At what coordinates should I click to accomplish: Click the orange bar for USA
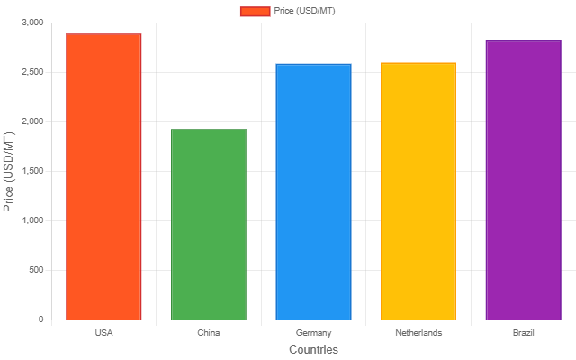point(103,176)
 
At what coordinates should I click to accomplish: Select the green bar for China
point(209,224)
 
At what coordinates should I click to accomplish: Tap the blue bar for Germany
point(313,192)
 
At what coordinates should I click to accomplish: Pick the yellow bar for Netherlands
point(418,191)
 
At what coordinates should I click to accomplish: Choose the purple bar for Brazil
point(523,180)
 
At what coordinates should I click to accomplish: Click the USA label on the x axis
point(103,333)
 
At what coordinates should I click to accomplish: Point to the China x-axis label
point(209,333)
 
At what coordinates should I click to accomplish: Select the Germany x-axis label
point(313,333)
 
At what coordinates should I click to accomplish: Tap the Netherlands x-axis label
point(418,333)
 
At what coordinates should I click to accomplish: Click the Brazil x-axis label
point(523,333)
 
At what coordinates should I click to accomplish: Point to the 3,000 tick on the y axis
point(31,22)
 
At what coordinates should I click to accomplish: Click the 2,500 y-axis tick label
point(31,72)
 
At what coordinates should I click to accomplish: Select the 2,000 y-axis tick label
point(31,121)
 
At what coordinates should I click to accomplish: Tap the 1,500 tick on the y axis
point(31,171)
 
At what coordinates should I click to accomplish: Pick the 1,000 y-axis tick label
point(31,220)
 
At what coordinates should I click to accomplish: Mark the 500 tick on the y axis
point(34,270)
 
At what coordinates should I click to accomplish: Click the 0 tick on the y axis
point(40,319)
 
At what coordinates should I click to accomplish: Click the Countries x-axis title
point(313,349)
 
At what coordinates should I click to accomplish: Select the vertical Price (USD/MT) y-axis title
point(9,171)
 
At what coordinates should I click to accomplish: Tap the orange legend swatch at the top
point(255,11)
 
